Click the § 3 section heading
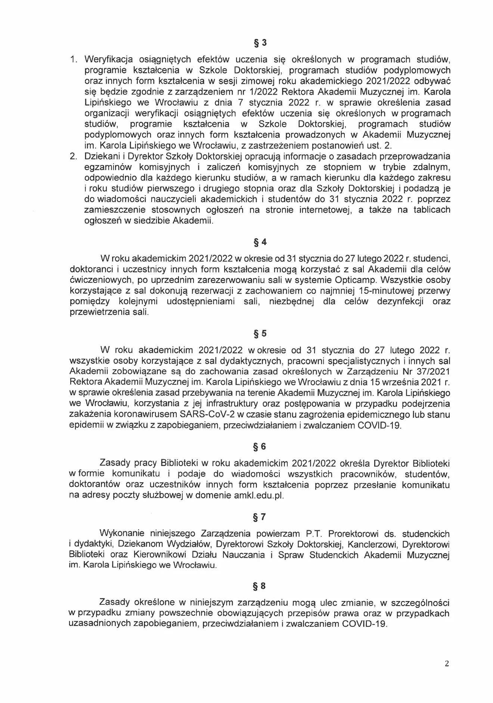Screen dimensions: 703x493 click(260, 43)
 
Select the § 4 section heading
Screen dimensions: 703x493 click(260, 242)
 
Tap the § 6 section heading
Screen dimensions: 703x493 click(260, 447)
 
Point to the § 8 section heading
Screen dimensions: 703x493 click(260, 586)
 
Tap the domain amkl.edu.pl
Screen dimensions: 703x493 click(258, 496)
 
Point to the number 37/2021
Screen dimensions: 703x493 click(430, 372)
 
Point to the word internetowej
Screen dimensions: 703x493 click(324, 210)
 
